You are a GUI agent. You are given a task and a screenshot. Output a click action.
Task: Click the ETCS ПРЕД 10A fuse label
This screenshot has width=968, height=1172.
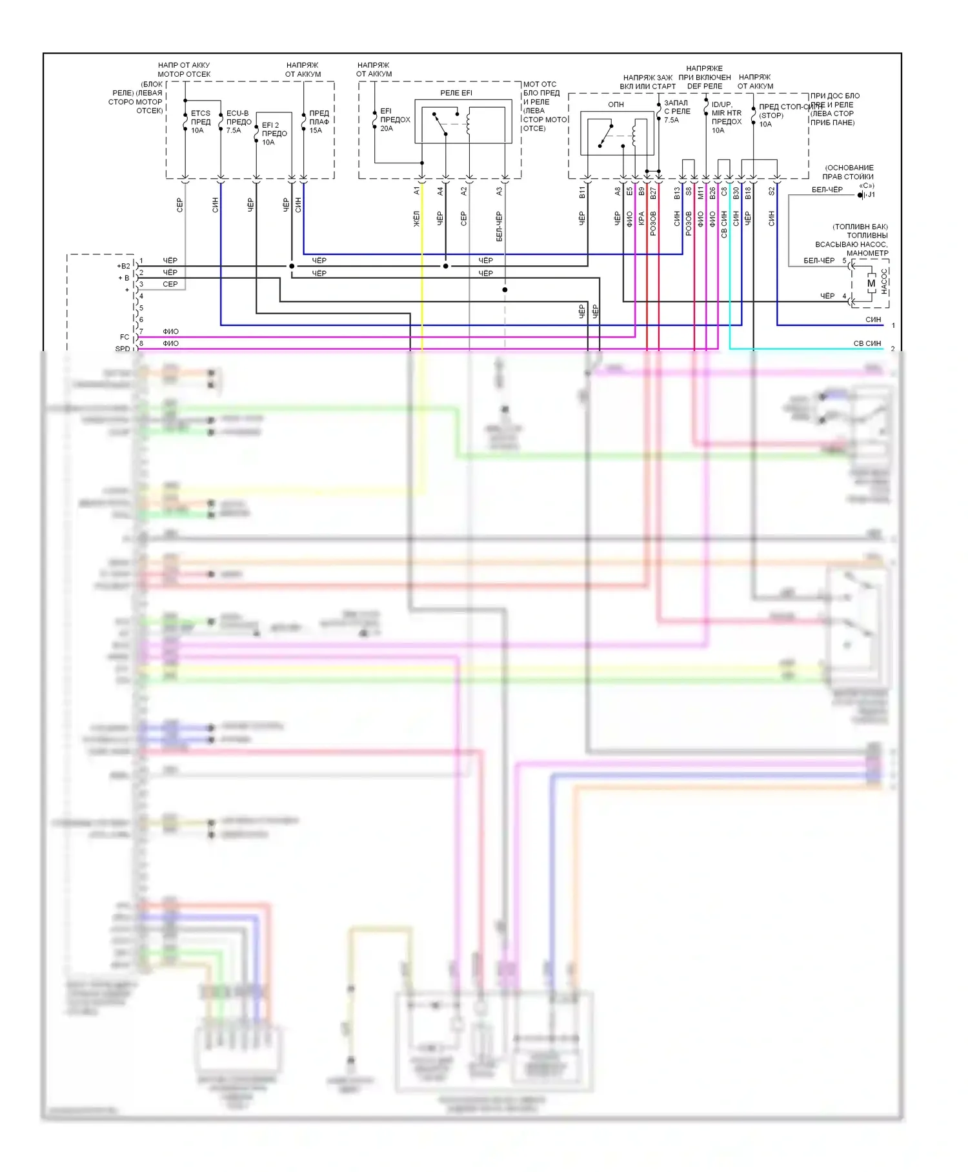pos(200,121)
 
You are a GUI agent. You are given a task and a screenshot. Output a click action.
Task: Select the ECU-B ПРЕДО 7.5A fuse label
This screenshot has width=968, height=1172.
pos(238,121)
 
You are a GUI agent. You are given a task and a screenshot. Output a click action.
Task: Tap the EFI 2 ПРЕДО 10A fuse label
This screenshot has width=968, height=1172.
pos(274,134)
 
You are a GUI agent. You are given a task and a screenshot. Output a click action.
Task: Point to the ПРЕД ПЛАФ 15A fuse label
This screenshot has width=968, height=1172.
pos(319,121)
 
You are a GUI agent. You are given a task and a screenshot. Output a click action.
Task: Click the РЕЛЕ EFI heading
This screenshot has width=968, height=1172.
pos(456,93)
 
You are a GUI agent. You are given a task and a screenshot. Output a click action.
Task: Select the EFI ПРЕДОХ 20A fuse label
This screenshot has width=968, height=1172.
pos(395,119)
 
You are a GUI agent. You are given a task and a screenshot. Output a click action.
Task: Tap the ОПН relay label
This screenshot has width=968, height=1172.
pos(616,105)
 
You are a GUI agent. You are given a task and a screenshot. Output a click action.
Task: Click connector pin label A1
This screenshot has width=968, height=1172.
pos(417,190)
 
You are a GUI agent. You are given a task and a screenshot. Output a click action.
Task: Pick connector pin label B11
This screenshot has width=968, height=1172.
pos(581,192)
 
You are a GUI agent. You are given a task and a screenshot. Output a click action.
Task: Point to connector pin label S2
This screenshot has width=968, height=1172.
pos(771,191)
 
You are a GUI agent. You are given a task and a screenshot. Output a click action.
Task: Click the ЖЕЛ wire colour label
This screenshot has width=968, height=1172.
pos(417,218)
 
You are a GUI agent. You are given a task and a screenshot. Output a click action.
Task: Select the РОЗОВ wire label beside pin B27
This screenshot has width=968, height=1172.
pos(653,223)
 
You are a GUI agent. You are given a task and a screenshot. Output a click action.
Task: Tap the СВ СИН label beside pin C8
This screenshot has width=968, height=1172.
pos(724,224)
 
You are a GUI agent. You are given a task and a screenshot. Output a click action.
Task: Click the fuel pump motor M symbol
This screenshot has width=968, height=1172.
pos(871,283)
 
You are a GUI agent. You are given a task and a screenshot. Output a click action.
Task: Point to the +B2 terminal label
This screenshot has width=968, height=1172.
pos(123,266)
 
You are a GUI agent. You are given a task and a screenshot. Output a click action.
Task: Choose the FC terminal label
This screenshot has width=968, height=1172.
pos(125,337)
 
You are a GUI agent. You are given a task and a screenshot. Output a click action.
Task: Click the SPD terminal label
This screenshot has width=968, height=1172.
pos(123,349)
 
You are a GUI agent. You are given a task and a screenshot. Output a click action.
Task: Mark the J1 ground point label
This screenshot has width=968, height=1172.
pos(871,195)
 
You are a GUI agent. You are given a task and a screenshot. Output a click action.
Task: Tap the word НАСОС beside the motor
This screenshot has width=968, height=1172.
pos(885,282)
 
